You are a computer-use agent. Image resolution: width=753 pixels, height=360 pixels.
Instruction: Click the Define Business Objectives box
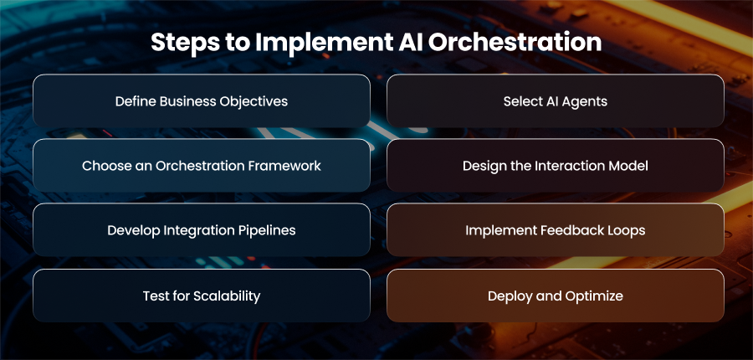[x=202, y=101]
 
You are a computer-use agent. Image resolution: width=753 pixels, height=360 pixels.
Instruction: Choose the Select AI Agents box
[x=556, y=101]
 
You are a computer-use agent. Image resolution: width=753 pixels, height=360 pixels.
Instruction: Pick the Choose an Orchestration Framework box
[x=202, y=165]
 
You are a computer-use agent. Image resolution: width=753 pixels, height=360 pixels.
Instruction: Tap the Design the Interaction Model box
[x=556, y=165]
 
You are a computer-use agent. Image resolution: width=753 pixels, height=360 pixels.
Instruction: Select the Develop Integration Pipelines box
[x=202, y=229]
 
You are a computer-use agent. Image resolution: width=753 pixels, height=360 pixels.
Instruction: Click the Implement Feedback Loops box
[x=556, y=229]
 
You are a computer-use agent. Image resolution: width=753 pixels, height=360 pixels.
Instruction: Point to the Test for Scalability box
[x=202, y=296]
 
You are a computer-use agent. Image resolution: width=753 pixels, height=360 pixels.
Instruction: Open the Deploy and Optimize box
[x=556, y=296]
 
